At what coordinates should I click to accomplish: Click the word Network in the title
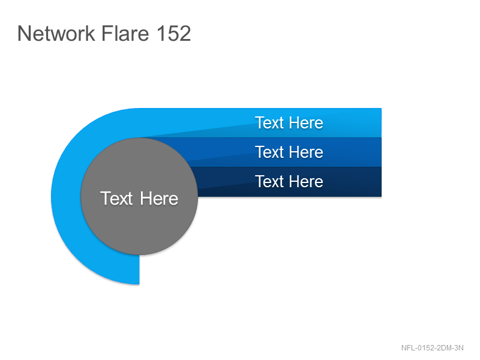click(56, 33)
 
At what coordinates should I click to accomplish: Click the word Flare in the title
click(125, 33)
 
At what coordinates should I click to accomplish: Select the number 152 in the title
click(173, 33)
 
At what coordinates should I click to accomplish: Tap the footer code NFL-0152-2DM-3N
click(432, 348)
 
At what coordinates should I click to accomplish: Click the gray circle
click(139, 196)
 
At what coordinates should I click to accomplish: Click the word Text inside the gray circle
click(116, 199)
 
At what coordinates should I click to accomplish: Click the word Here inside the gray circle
click(159, 199)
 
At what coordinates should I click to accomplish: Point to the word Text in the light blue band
click(269, 123)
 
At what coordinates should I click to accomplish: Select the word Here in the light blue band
click(306, 123)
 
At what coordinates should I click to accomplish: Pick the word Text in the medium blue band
click(269, 152)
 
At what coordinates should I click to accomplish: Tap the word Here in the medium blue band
click(306, 152)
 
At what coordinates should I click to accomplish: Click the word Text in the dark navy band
click(269, 182)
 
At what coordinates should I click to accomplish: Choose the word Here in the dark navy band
click(306, 182)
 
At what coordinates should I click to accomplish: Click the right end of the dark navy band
click(381, 182)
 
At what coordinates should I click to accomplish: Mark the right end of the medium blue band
click(381, 152)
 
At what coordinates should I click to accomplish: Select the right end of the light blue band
click(381, 123)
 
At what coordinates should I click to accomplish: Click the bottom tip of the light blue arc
click(139, 284)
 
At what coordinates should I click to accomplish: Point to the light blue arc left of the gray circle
click(66, 196)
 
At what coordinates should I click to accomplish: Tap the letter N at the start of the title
click(23, 33)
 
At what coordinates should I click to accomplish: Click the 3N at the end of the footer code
click(458, 348)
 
